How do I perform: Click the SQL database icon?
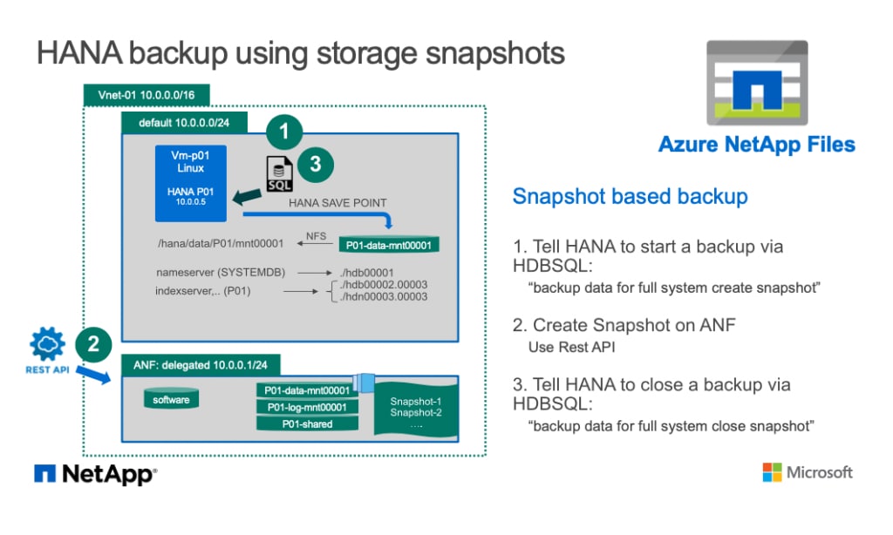click(x=278, y=173)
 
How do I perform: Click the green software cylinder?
click(x=171, y=400)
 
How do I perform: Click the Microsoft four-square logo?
click(x=772, y=472)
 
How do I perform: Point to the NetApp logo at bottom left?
click(x=96, y=474)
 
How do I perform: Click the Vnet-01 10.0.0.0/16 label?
click(x=146, y=93)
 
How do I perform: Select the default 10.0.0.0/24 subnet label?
click(x=185, y=123)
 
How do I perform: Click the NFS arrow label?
click(x=316, y=235)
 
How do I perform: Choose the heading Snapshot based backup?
click(x=630, y=196)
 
